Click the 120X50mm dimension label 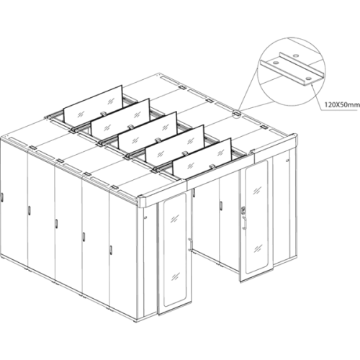[342, 105]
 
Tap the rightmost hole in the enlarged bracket [308, 78]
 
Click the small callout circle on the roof [237, 113]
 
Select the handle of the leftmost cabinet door [1, 197]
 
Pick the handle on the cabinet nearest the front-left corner [111, 249]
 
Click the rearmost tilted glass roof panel [93, 102]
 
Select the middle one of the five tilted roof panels [148, 129]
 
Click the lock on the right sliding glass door [243, 210]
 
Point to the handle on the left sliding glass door [190, 245]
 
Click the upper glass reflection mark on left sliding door [174, 218]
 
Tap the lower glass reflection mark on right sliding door [258, 249]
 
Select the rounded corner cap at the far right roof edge [294, 141]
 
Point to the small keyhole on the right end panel [287, 160]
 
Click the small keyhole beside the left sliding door [145, 217]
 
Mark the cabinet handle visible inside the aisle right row [221, 204]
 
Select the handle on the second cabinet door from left [29, 210]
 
